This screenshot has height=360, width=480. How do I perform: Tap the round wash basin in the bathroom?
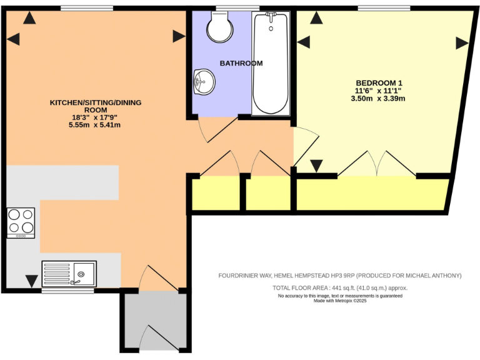(x=204, y=81)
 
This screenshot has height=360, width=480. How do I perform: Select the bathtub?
(x=271, y=64)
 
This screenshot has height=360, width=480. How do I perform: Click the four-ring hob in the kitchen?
(x=21, y=222)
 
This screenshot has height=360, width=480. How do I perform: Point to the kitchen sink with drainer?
(x=69, y=273)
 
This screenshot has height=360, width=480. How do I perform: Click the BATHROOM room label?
(x=241, y=63)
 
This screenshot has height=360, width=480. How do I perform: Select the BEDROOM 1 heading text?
(x=378, y=83)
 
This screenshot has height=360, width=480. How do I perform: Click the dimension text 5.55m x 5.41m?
(x=94, y=125)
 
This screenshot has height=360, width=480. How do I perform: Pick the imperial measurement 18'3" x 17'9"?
(x=94, y=117)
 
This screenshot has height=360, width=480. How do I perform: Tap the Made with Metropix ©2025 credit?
(x=339, y=301)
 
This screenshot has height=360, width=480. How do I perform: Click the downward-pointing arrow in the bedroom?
(x=316, y=166)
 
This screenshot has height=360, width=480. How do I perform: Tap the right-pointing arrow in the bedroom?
(x=462, y=43)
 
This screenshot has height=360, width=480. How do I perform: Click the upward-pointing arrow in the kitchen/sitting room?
(x=28, y=19)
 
